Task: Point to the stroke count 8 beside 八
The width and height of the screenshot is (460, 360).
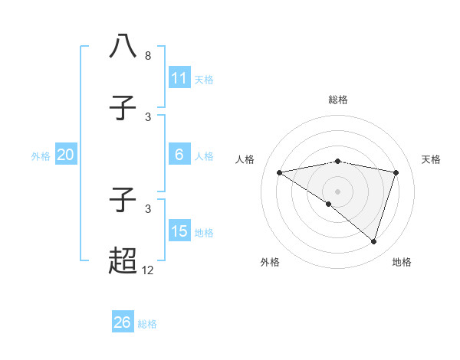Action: point(148,56)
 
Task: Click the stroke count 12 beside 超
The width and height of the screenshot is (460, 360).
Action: point(148,270)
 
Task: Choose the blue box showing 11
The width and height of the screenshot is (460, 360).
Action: point(179,78)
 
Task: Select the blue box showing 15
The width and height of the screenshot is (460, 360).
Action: point(179,231)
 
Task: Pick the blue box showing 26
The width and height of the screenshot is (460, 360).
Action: point(123,322)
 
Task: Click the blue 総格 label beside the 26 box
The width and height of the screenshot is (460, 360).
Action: point(147,324)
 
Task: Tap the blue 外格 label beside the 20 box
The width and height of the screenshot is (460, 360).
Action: point(41,156)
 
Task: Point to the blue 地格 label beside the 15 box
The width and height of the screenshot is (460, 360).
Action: point(204,233)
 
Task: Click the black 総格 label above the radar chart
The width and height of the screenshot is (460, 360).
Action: point(337,100)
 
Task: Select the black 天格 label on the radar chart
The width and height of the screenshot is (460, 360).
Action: point(431,159)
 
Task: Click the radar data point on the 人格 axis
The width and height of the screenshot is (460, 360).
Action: point(279,172)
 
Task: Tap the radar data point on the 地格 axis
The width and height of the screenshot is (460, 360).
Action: point(373,241)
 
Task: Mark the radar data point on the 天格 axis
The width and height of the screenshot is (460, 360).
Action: point(396,172)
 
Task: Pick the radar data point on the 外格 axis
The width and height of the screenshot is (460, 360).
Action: point(328,204)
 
